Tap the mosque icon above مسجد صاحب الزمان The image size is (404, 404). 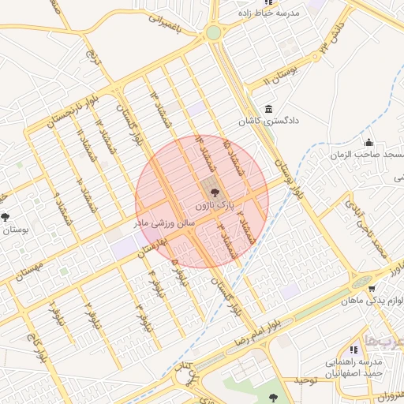click(368, 142)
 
